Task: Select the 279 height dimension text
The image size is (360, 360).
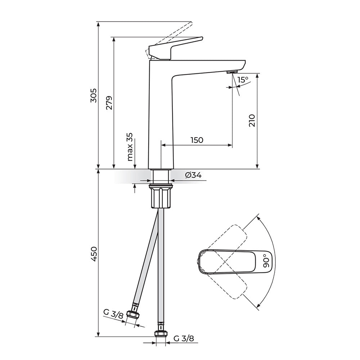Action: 109,103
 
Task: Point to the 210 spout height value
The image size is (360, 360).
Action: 252,120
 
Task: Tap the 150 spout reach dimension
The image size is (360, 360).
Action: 197,140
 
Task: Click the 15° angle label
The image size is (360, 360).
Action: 243,80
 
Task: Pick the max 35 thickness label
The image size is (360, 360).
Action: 130,147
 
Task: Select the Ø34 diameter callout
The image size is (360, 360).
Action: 193,175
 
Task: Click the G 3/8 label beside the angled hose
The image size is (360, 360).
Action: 113,314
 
